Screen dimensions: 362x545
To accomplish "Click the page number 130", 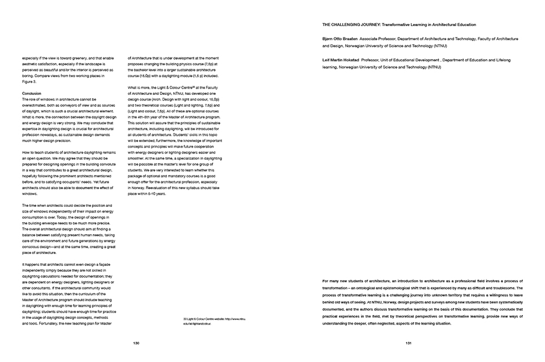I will coord(136,343).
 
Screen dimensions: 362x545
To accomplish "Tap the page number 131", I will coord(408,343).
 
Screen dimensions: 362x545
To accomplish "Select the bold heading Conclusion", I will coord(32,93).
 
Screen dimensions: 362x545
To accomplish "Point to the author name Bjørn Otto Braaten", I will coord(339,39).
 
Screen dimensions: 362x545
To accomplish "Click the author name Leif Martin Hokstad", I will coord(338,60).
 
